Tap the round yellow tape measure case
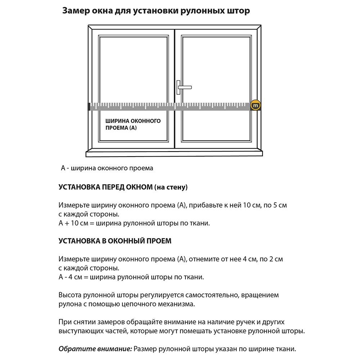[256, 105]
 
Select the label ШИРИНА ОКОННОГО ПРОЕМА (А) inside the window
[133, 124]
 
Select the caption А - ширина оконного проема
[107, 168]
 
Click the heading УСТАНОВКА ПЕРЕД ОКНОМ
[105, 187]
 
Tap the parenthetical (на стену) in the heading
[171, 187]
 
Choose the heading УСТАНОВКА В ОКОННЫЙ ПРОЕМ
[115, 241]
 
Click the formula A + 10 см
[73, 223]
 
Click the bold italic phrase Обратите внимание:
[95, 349]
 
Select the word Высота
[70, 295]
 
